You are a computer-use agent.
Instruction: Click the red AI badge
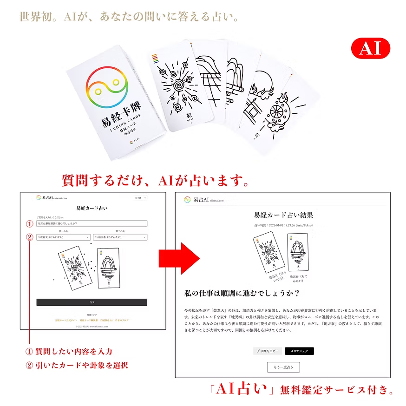point(370,49)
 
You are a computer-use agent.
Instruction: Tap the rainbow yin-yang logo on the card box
point(106,87)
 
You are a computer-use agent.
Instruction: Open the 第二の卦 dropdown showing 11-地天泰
point(120,237)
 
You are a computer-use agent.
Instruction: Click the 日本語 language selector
point(140,198)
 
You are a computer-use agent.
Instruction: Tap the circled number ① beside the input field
point(29,223)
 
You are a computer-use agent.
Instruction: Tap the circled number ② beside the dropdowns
point(29,237)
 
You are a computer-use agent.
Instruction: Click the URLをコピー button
point(267,351)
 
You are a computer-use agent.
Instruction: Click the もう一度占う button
point(283,367)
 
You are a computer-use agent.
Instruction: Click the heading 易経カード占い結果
point(283,215)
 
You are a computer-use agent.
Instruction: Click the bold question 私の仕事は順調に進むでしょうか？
point(241,293)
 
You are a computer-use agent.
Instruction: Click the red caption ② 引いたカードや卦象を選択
point(77,365)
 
